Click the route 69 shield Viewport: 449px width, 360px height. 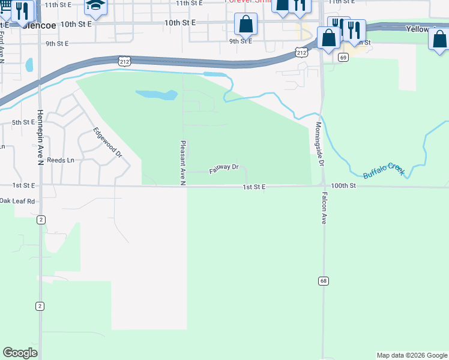pyautogui.click(x=343, y=58)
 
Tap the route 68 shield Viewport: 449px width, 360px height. pyautogui.click(x=323, y=281)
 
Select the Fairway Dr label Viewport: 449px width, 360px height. pyautogui.click(x=224, y=169)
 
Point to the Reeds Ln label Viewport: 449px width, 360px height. pyautogui.click(x=60, y=160)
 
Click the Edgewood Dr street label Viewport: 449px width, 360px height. pyautogui.click(x=107, y=143)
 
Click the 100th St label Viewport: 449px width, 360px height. pyautogui.click(x=343, y=187)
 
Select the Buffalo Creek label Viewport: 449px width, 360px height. pyautogui.click(x=384, y=170)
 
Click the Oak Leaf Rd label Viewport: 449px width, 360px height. pyautogui.click(x=18, y=201)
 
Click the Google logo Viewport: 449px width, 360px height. pyautogui.click(x=20, y=352)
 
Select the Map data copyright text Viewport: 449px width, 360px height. pyautogui.click(x=411, y=355)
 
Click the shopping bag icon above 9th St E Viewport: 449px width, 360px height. pyautogui.click(x=246, y=25)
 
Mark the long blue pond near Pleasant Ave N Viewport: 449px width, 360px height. pyautogui.click(x=156, y=95)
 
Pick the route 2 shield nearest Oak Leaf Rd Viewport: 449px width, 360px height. pyautogui.click(x=40, y=220)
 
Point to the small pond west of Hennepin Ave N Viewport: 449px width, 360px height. pyautogui.click(x=29, y=64)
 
